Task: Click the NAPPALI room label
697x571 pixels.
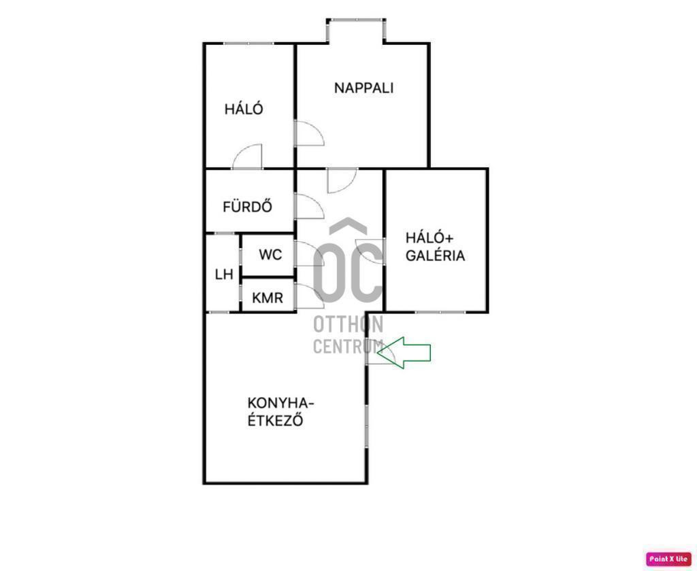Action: click(x=363, y=88)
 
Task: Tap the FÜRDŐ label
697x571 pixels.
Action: click(x=247, y=207)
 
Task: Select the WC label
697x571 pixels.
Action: click(x=270, y=255)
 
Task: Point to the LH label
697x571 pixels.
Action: click(x=224, y=275)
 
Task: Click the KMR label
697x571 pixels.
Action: click(x=268, y=298)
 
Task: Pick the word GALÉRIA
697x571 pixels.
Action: click(x=435, y=256)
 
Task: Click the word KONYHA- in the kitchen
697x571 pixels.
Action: click(x=281, y=404)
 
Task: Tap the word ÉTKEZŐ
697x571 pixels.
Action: click(x=275, y=419)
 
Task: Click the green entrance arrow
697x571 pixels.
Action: click(x=404, y=353)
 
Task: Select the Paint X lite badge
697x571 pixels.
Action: click(x=668, y=559)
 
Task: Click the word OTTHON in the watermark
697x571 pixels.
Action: click(x=348, y=324)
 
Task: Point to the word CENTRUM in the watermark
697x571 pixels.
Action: click(x=348, y=346)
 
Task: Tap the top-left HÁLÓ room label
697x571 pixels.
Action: click(x=244, y=109)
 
